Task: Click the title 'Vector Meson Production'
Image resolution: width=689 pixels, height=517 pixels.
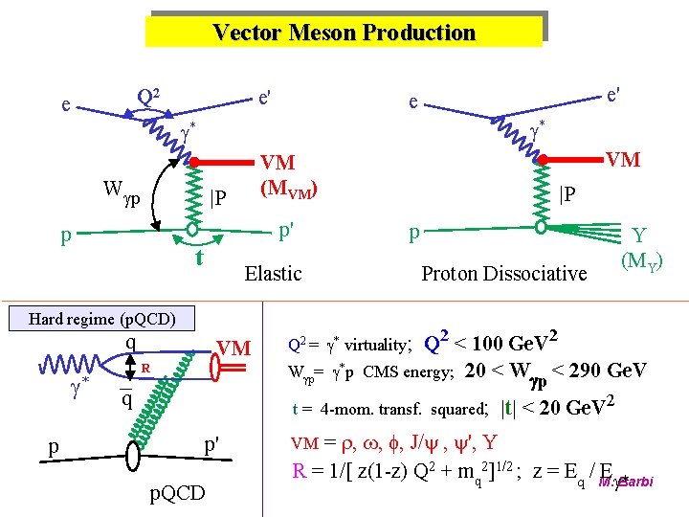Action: click(344, 33)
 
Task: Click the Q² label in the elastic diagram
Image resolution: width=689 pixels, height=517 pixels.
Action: click(148, 97)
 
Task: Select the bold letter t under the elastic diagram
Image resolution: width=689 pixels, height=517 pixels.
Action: click(199, 258)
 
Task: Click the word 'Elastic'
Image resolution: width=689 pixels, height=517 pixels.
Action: click(273, 274)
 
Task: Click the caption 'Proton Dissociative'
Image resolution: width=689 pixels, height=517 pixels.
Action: click(504, 274)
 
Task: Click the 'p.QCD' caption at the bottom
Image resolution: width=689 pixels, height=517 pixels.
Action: click(178, 492)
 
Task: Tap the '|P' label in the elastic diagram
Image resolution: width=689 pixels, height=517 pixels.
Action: click(218, 197)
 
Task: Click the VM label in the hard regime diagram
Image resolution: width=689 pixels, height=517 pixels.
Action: click(234, 348)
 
